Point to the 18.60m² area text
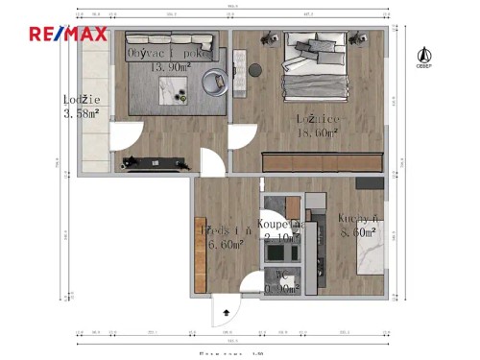click(x=317, y=133)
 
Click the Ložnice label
click(x=316, y=119)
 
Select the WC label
click(x=282, y=275)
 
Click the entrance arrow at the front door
click(x=226, y=311)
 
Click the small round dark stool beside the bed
click(x=255, y=70)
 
